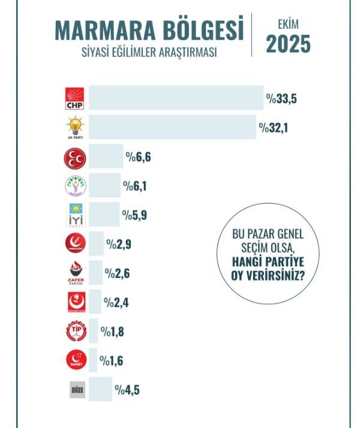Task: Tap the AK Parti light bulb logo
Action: tap(76, 128)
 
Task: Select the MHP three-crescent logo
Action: tap(76, 158)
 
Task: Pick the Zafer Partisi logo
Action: tap(76, 274)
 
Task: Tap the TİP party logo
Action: tap(76, 331)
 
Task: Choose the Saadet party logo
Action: tap(76, 360)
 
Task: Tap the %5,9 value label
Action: tap(135, 215)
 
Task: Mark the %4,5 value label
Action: tap(127, 390)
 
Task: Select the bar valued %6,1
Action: tap(104, 186)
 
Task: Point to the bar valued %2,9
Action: tap(97, 244)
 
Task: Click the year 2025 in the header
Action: tap(288, 44)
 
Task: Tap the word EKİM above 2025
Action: tap(288, 25)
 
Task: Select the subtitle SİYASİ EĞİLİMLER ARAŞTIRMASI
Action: tap(149, 52)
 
